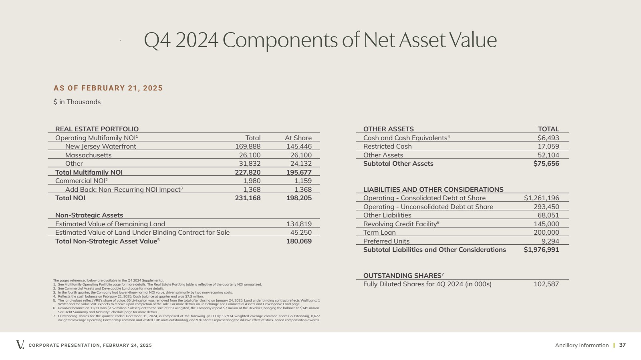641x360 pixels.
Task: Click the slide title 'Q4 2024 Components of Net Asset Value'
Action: [x=320, y=40]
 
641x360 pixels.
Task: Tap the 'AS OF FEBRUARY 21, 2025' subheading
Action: [x=108, y=88]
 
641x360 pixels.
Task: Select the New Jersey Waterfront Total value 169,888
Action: [x=248, y=147]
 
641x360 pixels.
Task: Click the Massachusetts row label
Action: [x=89, y=155]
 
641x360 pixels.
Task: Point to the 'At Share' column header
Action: [x=298, y=138]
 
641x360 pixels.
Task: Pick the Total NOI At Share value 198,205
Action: [x=299, y=198]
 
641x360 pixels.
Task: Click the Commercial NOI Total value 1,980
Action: [x=252, y=181]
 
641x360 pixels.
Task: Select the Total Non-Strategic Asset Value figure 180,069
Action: [x=299, y=241]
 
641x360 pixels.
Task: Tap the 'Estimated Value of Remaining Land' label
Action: [x=110, y=224]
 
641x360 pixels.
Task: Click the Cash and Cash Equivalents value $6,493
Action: [x=548, y=138]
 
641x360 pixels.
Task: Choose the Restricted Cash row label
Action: [x=387, y=147]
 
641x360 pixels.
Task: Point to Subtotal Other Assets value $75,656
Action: [x=546, y=163]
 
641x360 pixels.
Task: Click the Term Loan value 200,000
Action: [x=546, y=233]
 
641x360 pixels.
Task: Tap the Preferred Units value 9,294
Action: [x=550, y=241]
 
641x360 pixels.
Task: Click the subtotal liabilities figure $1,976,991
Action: [x=541, y=249]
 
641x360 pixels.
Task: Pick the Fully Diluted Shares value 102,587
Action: [x=546, y=284]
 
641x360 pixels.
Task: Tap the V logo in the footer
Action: [x=20, y=344]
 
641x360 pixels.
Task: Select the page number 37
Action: [x=623, y=345]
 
